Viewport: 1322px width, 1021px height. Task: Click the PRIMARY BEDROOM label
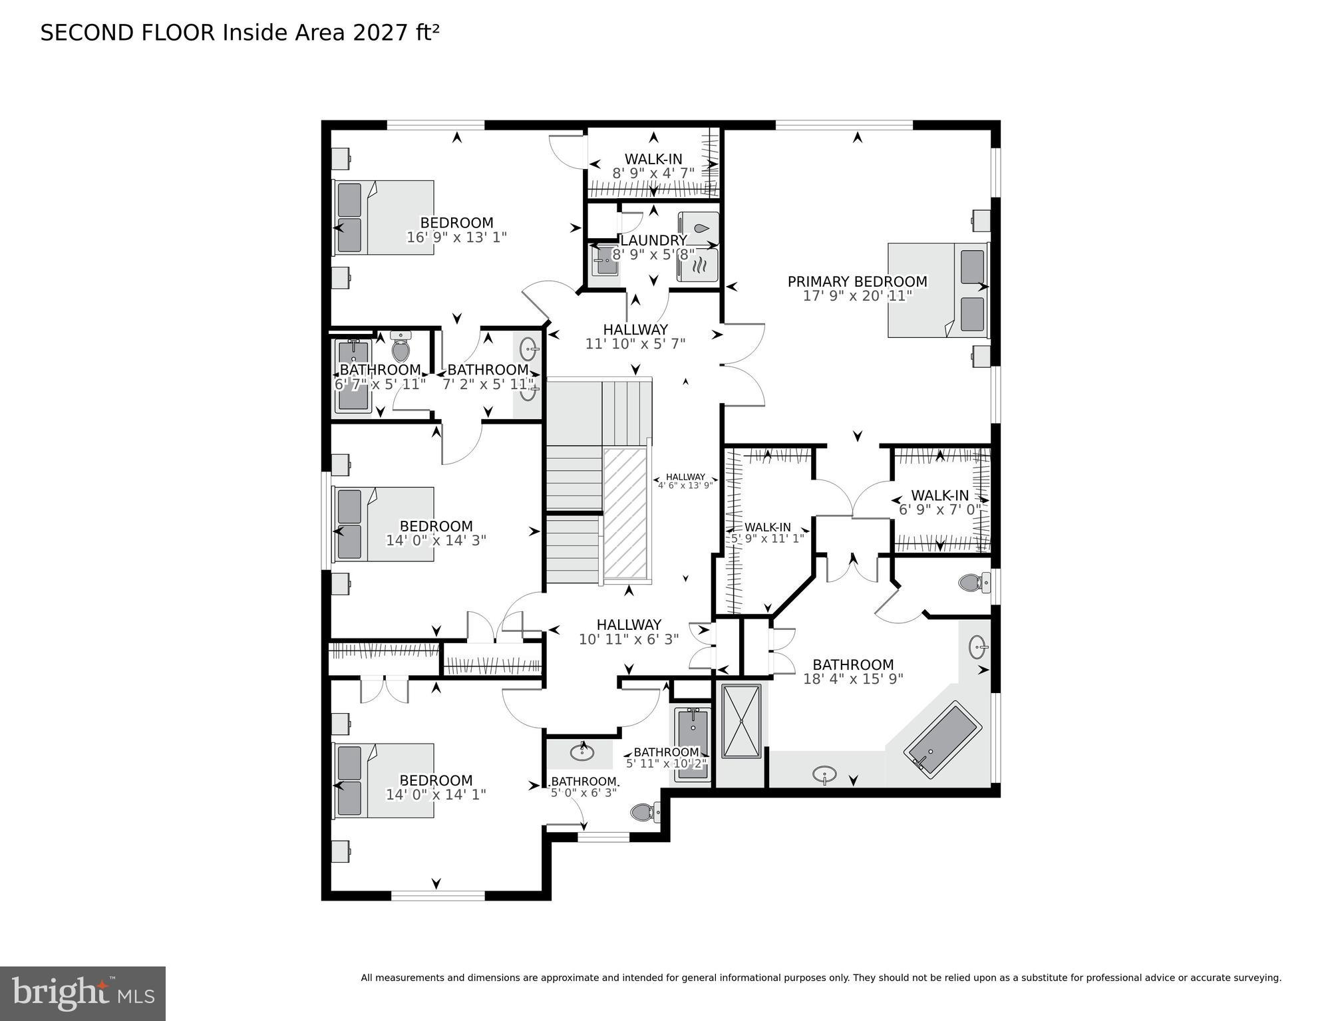tap(857, 282)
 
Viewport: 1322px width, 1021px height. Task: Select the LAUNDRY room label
tap(653, 240)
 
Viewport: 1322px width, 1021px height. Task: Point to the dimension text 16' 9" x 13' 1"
tap(456, 237)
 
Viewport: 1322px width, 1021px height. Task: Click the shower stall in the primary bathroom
tap(741, 720)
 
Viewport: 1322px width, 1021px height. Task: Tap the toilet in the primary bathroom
tap(973, 583)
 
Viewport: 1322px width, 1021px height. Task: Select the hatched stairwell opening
tap(625, 513)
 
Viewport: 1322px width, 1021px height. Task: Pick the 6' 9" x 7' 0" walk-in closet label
tap(939, 510)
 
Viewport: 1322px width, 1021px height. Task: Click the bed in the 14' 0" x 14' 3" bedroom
tap(383, 524)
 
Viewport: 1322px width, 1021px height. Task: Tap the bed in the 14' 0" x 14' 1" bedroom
tap(383, 780)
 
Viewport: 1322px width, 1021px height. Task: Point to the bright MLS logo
tap(83, 994)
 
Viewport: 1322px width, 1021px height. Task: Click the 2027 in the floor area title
tap(376, 33)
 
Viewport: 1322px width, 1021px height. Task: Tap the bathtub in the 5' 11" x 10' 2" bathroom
tap(693, 744)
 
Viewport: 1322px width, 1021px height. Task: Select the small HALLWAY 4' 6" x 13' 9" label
tap(685, 481)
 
